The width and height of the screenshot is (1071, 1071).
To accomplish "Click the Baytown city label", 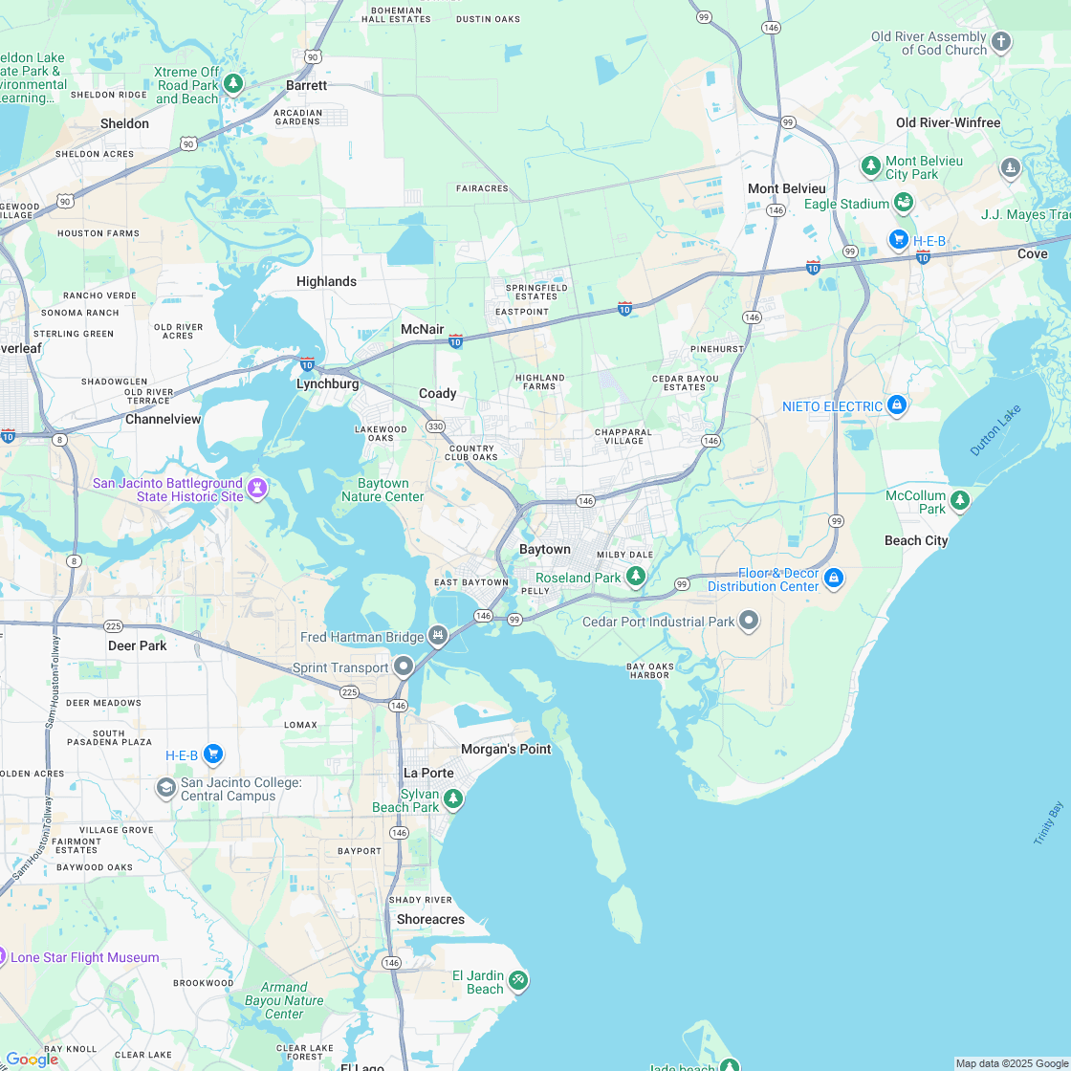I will click(x=544, y=550).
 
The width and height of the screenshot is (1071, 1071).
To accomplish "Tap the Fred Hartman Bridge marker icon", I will click(x=438, y=634).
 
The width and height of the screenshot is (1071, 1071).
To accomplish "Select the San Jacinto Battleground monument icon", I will click(x=256, y=489).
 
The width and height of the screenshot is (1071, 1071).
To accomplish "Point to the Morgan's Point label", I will click(x=506, y=749).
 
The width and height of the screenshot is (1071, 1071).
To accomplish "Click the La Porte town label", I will click(x=428, y=773).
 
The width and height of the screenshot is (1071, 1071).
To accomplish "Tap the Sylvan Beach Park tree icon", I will click(x=453, y=798).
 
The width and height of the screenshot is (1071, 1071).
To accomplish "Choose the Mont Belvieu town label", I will click(x=787, y=188).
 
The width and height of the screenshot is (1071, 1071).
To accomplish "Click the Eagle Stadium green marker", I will click(x=903, y=203).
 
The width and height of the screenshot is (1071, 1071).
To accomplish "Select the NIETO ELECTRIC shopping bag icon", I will click(x=896, y=405).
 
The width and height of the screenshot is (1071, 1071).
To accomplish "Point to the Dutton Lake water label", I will click(x=995, y=430).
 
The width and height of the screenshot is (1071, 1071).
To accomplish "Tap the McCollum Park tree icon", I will click(x=959, y=499).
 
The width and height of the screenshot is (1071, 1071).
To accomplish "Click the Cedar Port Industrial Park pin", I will click(x=749, y=621).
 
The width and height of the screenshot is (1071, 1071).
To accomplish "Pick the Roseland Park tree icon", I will click(x=635, y=576).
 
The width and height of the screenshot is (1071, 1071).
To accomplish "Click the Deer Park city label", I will click(x=138, y=645).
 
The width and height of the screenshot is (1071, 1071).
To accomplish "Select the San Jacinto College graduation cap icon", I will click(x=165, y=787).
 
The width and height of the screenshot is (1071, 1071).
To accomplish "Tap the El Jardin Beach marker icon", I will click(x=517, y=980).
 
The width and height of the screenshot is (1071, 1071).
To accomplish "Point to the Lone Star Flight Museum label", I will click(x=85, y=957).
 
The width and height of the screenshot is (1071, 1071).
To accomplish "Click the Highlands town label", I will click(x=326, y=281).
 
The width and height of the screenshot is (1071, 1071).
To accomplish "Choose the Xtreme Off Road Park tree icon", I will click(x=232, y=84).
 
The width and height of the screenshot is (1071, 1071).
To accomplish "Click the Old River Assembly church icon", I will click(x=1000, y=41).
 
